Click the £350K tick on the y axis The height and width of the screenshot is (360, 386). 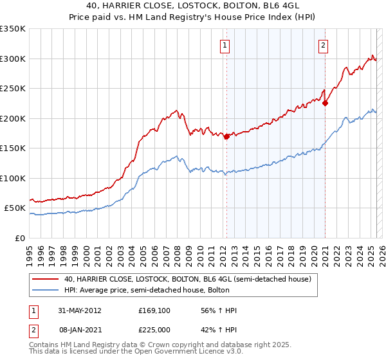(x=13, y=29)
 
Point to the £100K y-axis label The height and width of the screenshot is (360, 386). (x=13, y=178)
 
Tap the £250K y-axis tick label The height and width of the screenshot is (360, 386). (x=13, y=89)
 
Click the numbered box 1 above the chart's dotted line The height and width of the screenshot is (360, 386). (x=226, y=45)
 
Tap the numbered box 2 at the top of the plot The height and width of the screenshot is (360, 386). (x=322, y=45)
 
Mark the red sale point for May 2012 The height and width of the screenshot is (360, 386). (x=226, y=137)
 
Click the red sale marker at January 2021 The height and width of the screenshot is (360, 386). (x=326, y=103)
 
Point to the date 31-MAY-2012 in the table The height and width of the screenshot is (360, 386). (x=79, y=310)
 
